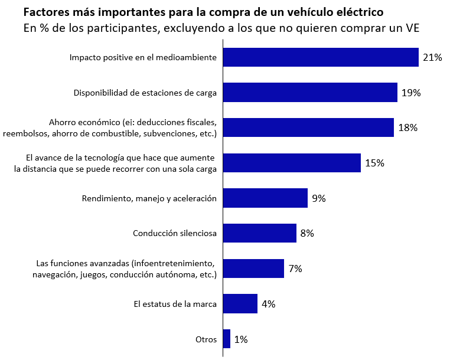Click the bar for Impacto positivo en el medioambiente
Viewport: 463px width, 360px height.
pyautogui.click(x=321, y=57)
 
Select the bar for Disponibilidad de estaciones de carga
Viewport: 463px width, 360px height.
pyautogui.click(x=310, y=93)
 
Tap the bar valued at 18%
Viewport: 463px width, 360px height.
pyautogui.click(x=308, y=127)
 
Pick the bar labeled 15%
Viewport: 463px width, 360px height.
pyautogui.click(x=292, y=163)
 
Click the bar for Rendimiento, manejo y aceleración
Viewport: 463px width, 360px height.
pyautogui.click(x=265, y=198)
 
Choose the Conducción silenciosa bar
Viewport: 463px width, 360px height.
pyautogui.click(x=259, y=233)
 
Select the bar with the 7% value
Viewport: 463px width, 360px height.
pyautogui.click(x=253, y=269)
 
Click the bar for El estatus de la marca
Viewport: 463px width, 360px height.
pyautogui.click(x=240, y=304)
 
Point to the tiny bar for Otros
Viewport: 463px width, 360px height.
pyautogui.click(x=227, y=339)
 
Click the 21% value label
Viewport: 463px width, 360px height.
pyautogui.click(x=432, y=57)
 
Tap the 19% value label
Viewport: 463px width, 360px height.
pyautogui.click(x=410, y=93)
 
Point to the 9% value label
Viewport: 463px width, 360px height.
pyautogui.click(x=319, y=198)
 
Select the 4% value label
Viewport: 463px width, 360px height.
pyautogui.click(x=269, y=304)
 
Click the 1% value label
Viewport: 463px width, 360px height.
pyautogui.click(x=241, y=339)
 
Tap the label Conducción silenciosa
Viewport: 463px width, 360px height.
pyautogui.click(x=175, y=234)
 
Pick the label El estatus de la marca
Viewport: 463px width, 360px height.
pyautogui.click(x=175, y=304)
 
